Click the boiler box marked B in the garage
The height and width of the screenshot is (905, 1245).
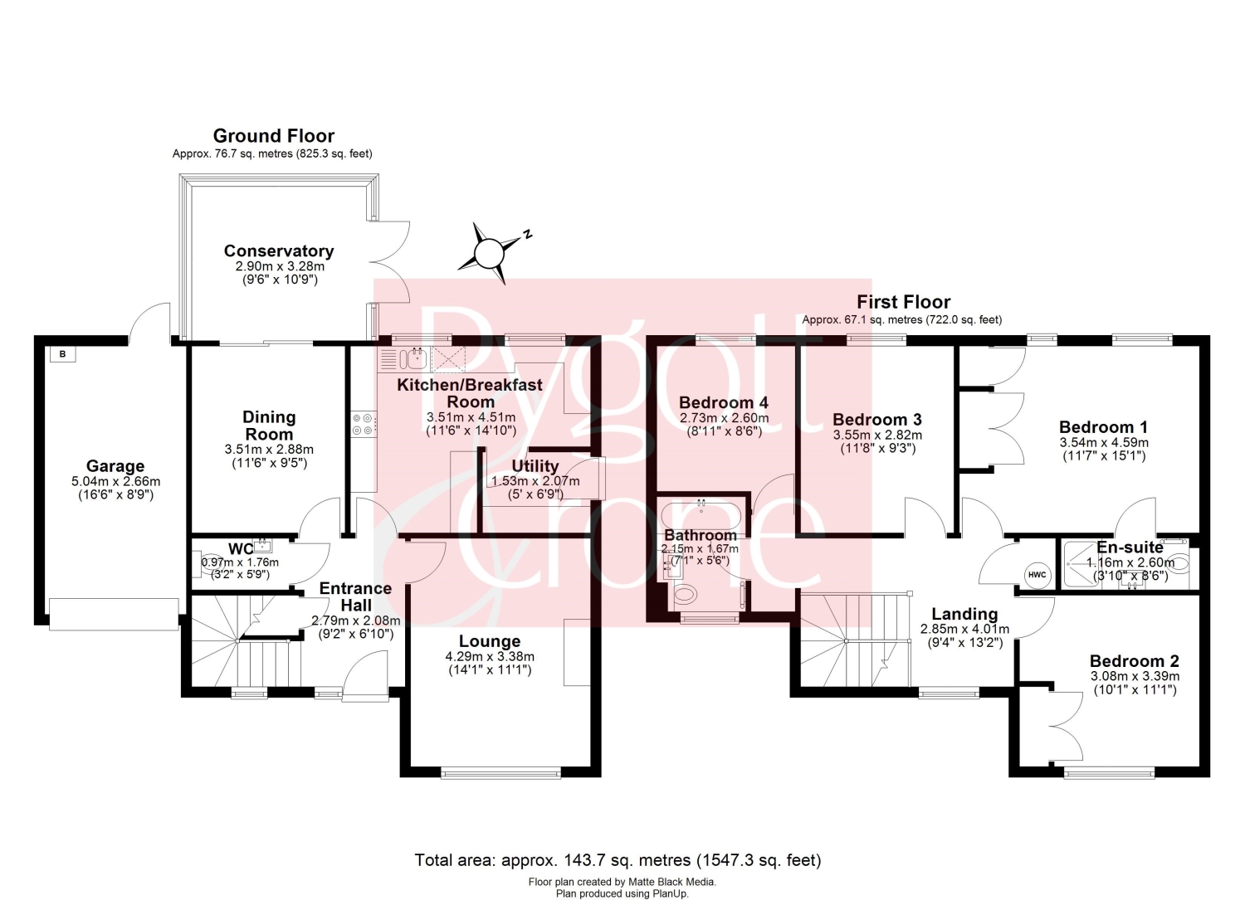pos(63,354)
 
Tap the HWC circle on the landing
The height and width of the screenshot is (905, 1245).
pos(1037,575)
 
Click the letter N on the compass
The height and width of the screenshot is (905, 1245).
pos(527,235)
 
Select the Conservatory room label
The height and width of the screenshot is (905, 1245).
pos(279,251)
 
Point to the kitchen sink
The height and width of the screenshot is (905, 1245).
pos(413,359)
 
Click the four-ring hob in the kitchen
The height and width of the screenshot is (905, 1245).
pos(363,424)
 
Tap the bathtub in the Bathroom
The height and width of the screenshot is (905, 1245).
pos(701,515)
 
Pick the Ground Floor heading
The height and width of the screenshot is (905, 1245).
pos(273,136)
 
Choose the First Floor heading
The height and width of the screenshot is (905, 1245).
pos(903,302)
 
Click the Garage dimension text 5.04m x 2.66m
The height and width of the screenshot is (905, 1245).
pos(115,482)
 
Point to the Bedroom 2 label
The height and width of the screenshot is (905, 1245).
pos(1135,661)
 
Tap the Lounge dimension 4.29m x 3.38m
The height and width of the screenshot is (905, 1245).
pos(490,657)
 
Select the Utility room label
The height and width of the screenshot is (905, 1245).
pos(535,466)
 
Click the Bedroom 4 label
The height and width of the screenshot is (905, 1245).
pos(724,402)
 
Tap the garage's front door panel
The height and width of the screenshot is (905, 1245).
pos(114,615)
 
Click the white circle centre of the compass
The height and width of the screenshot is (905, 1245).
pos(489,253)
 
